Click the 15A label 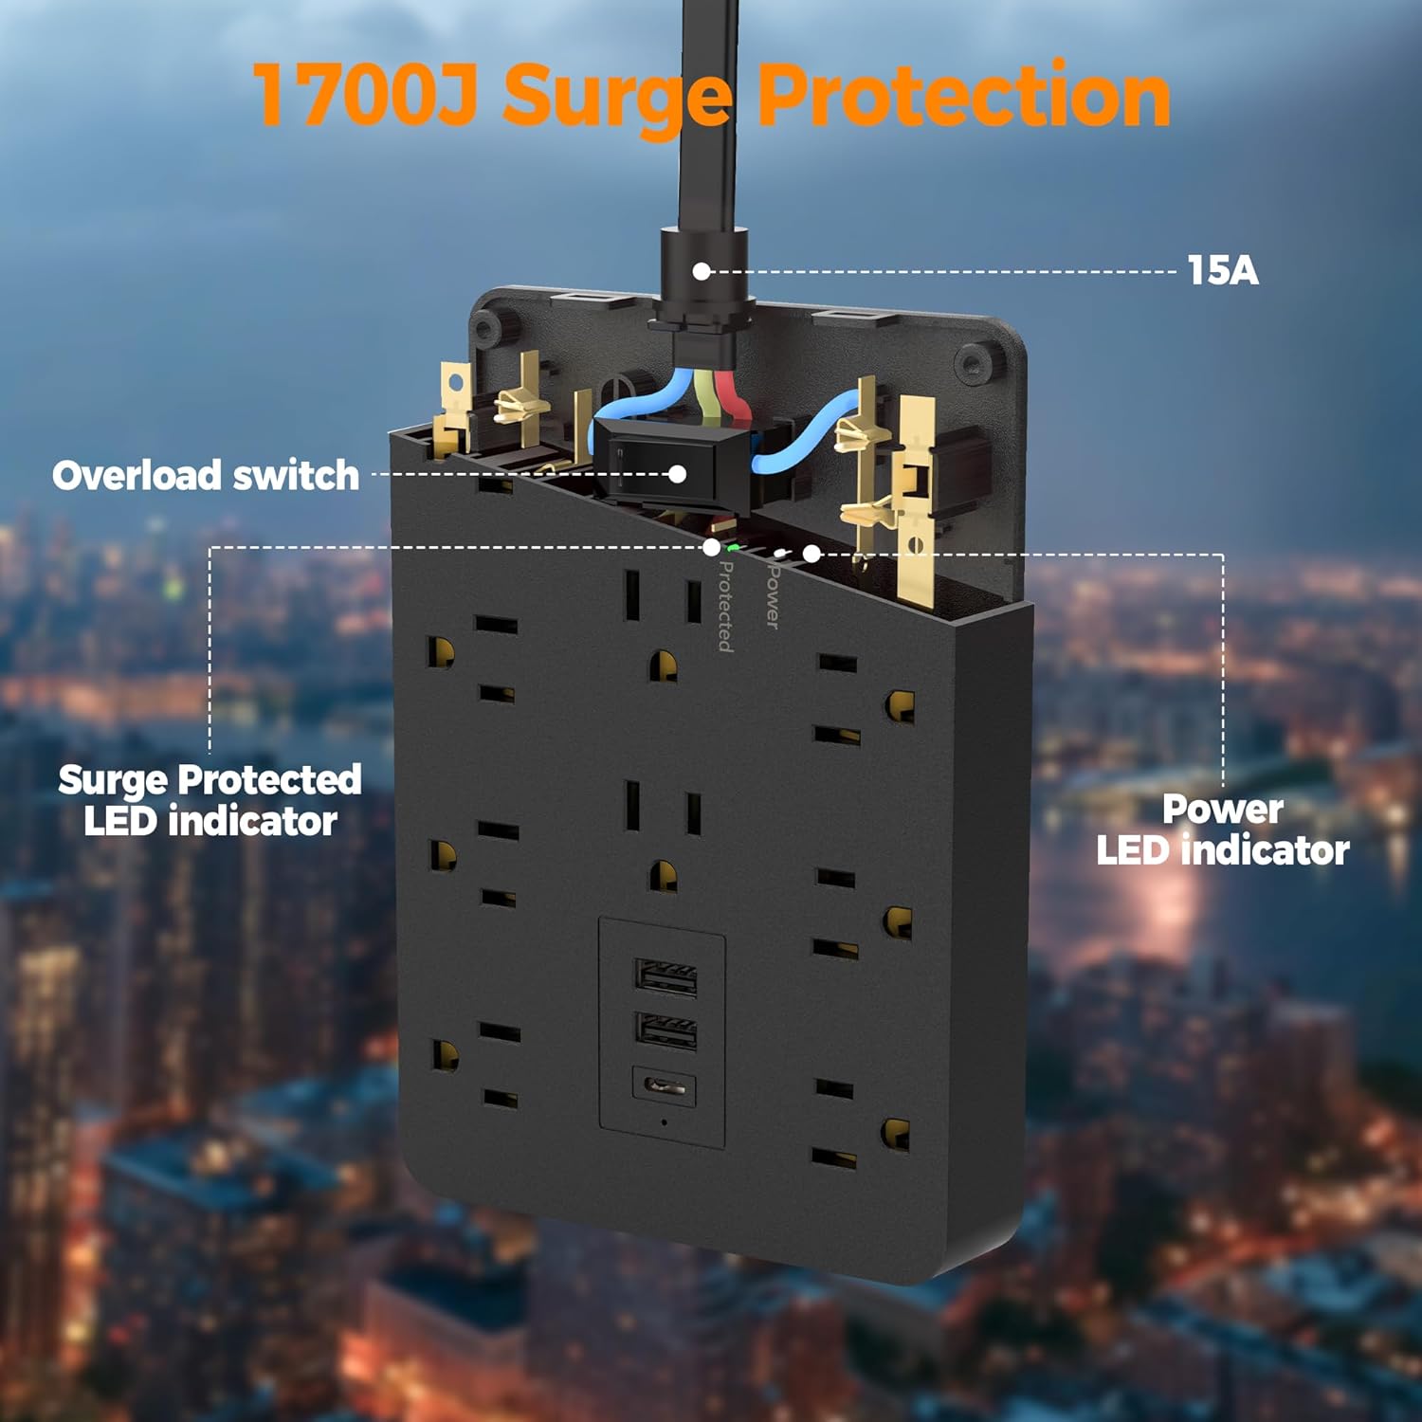(x=1223, y=271)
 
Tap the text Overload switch (x=206, y=475)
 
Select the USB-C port (x=665, y=1086)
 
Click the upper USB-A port (x=665, y=976)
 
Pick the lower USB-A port (x=665, y=1030)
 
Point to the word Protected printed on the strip (x=725, y=606)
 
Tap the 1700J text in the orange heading (x=365, y=95)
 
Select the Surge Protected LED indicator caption (x=210, y=800)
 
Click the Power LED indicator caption (x=1222, y=829)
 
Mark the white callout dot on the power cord (x=702, y=271)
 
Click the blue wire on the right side (x=806, y=427)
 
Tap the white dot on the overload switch (x=677, y=473)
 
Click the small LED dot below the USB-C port (x=664, y=1122)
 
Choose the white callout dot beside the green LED (x=711, y=547)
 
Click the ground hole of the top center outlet (x=663, y=666)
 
